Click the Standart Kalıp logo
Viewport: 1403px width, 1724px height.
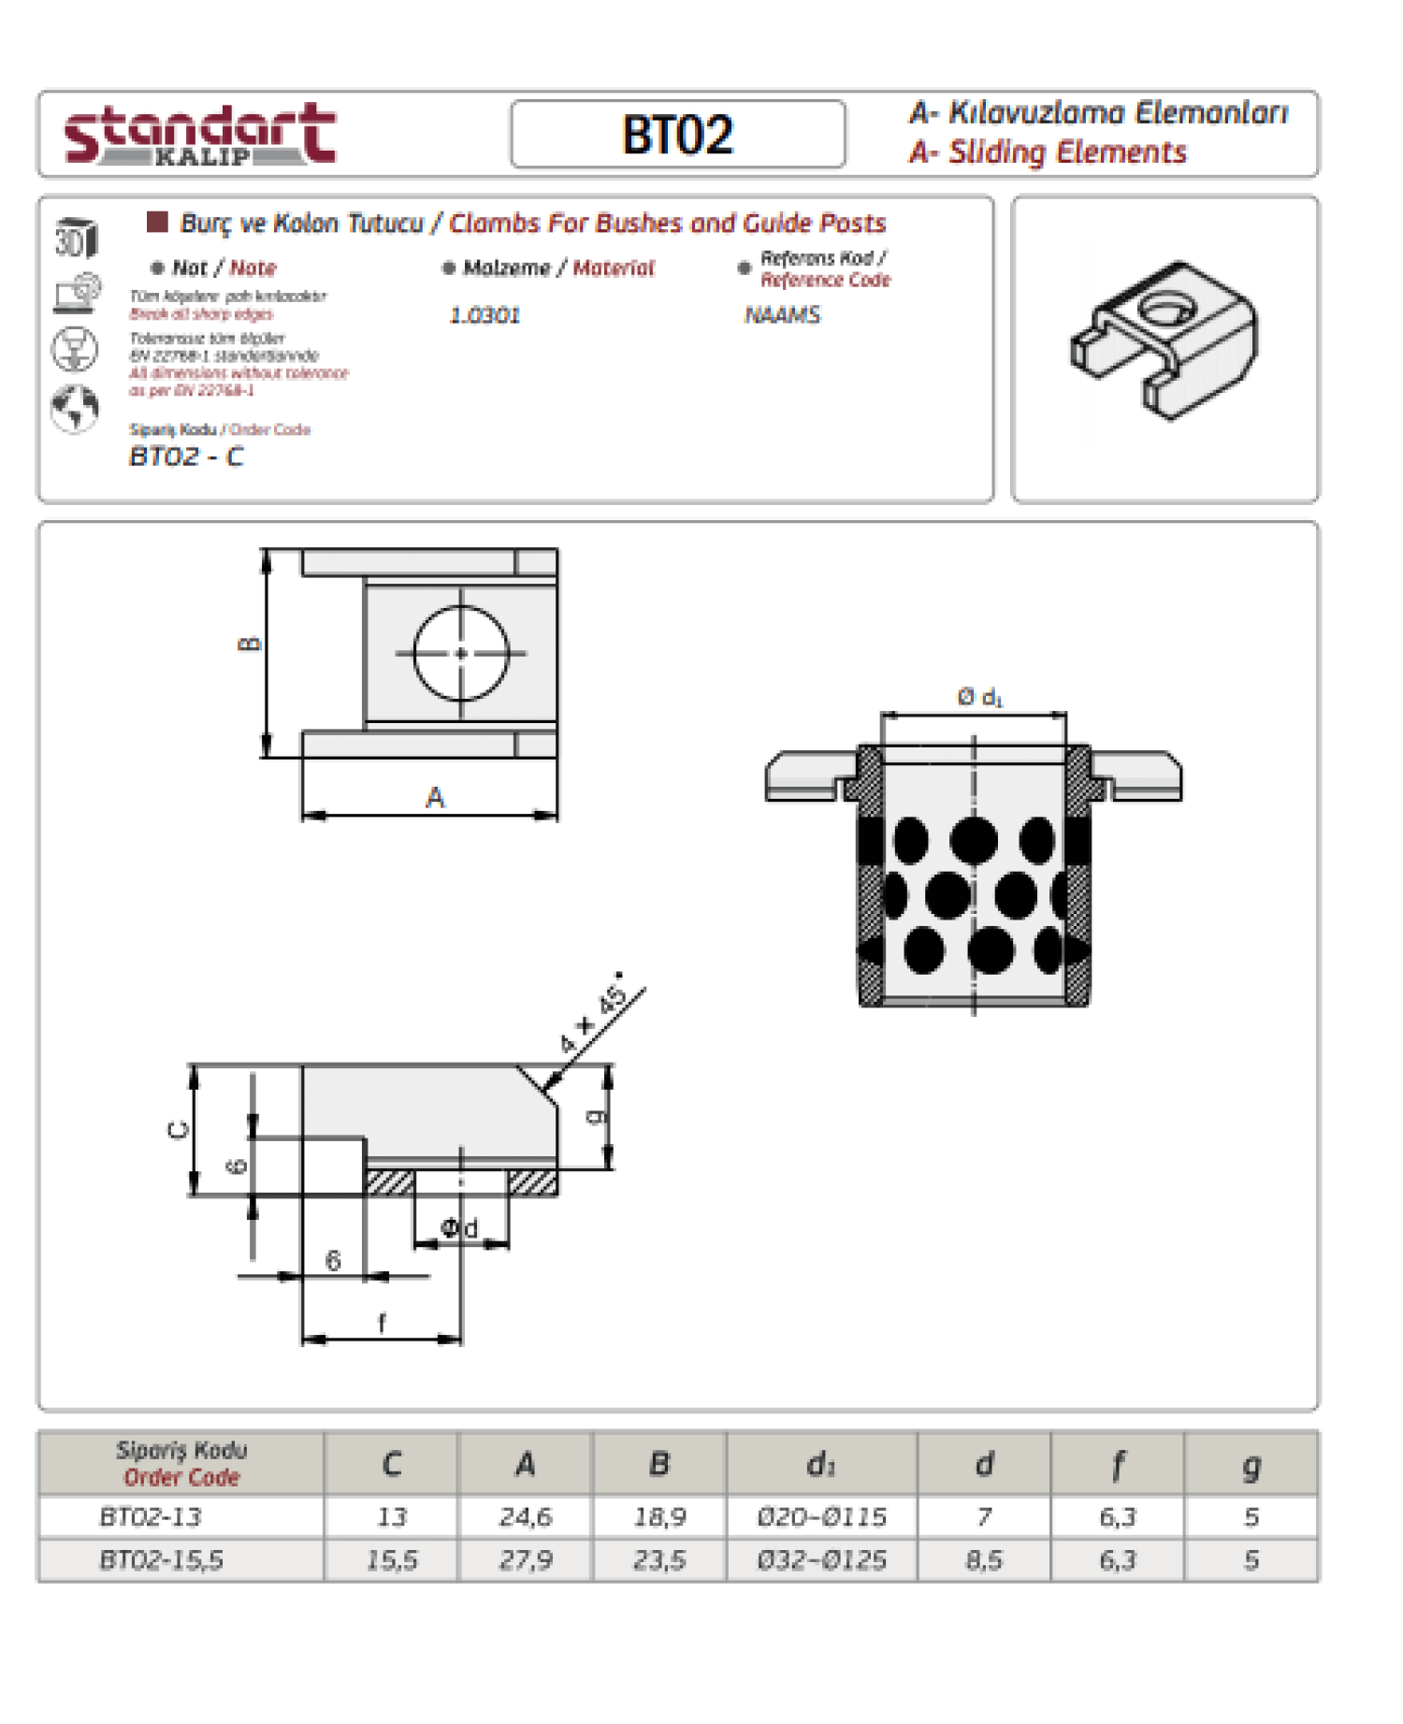coord(199,135)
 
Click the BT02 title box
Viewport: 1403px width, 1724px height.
coord(678,135)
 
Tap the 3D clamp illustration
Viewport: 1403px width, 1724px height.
coord(1164,341)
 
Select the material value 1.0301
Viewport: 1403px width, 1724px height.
coord(485,315)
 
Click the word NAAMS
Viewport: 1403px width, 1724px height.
coord(782,315)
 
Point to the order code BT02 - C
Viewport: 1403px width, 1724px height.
coord(186,456)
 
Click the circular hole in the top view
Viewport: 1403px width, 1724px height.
coord(461,653)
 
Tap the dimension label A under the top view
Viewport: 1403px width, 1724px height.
coord(435,798)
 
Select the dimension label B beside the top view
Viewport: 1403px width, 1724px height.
coord(250,644)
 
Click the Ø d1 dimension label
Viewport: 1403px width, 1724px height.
coord(979,697)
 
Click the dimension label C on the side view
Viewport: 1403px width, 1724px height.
coord(178,1130)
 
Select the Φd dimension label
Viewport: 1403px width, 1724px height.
coord(459,1228)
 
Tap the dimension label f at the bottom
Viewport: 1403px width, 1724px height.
coord(382,1323)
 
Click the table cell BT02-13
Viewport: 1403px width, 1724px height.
coord(151,1516)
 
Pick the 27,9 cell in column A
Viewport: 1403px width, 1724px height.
coord(526,1560)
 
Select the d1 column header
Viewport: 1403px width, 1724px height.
coord(821,1464)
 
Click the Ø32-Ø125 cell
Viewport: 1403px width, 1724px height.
coord(821,1560)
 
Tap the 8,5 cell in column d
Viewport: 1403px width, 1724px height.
coord(984,1560)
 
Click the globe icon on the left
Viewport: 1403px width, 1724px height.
coord(75,409)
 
